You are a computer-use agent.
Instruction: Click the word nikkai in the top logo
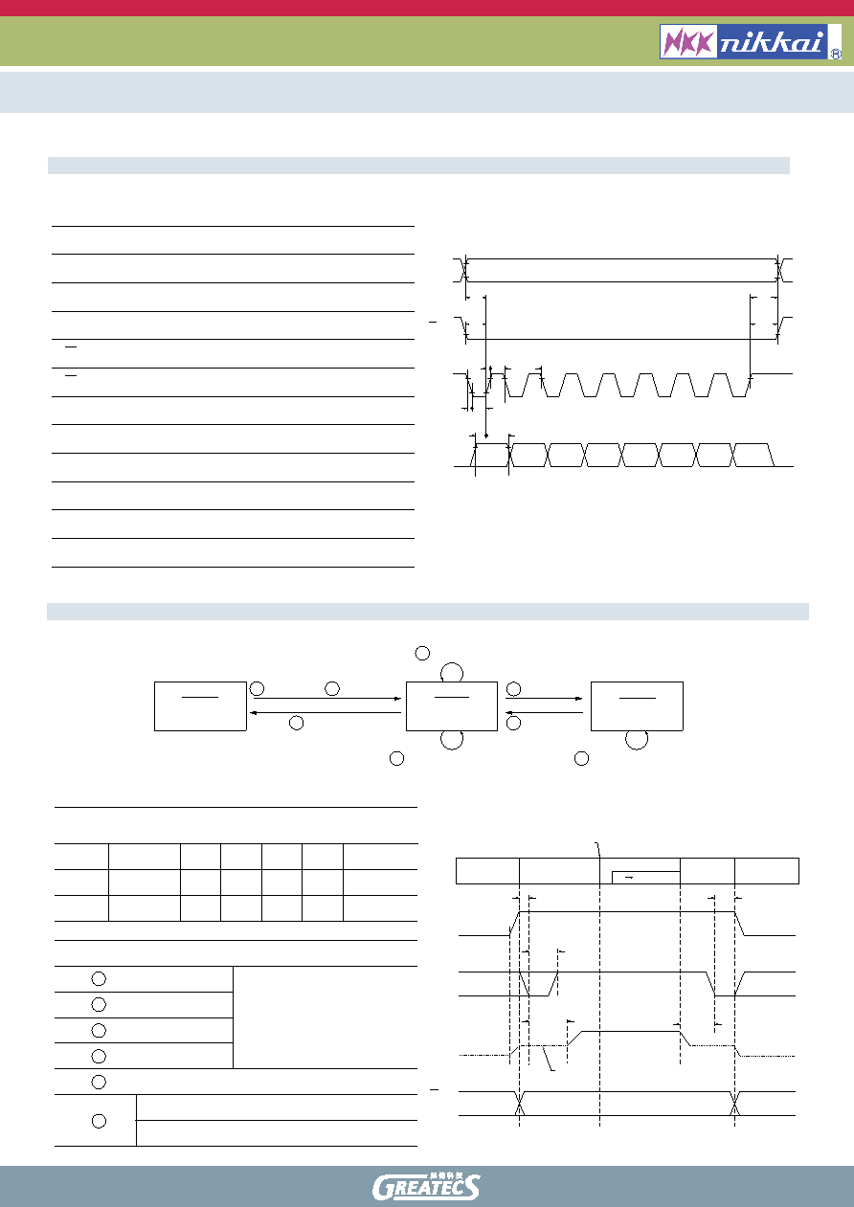pos(772,42)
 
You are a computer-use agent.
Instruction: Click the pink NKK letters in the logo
pos(689,41)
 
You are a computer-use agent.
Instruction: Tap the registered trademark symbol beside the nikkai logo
pos(836,54)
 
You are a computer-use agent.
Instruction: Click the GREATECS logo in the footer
pos(426,1187)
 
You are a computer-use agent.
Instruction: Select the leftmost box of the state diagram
pos(200,705)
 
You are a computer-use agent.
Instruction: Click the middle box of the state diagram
pos(452,705)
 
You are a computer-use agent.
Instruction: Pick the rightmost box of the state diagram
pos(637,705)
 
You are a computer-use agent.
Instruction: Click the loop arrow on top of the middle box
pos(452,663)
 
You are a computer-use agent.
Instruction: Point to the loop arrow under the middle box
pos(452,749)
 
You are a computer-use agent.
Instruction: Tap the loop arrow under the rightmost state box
pos(637,749)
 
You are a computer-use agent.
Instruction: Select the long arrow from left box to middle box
pos(327,699)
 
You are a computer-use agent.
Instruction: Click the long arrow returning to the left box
pos(326,713)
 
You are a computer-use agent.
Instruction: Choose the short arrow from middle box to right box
pos(544,699)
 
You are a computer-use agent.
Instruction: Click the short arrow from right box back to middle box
pos(544,713)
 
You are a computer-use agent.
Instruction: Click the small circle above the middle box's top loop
pos(422,653)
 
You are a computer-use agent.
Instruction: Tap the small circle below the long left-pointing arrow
pos(297,723)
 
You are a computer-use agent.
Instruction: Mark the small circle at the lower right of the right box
pos(581,759)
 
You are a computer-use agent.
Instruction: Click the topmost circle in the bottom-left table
pos(99,979)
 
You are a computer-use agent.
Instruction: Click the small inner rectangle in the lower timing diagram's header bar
pos(646,878)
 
